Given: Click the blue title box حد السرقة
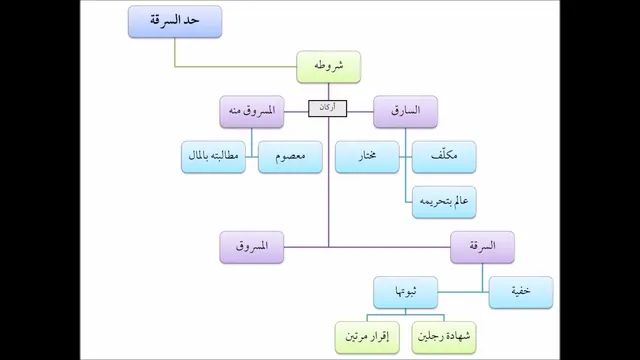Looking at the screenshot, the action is [175, 22].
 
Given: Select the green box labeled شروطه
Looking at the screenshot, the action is [329, 67].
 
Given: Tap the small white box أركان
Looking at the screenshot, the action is [328, 109].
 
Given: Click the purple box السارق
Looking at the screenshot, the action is [405, 112].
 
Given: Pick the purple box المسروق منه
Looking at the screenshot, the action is [252, 112].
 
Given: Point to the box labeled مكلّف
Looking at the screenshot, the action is [444, 157].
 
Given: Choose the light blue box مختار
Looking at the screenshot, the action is [367, 157].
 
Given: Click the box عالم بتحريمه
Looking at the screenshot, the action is [444, 202].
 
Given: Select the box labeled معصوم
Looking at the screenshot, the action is [290, 157].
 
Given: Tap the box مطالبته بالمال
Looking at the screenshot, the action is [213, 157].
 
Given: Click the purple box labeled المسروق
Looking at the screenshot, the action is [252, 247].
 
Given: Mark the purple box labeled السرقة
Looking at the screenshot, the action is [482, 247].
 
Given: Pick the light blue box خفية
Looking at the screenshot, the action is [521, 293].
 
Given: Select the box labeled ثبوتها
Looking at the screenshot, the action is [405, 293].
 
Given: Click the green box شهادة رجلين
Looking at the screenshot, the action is [444, 338].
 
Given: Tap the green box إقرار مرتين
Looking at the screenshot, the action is [367, 338].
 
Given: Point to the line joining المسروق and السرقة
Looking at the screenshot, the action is [367, 247].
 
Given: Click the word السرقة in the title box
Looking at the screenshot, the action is [163, 20].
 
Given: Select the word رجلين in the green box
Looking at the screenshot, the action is [431, 336].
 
